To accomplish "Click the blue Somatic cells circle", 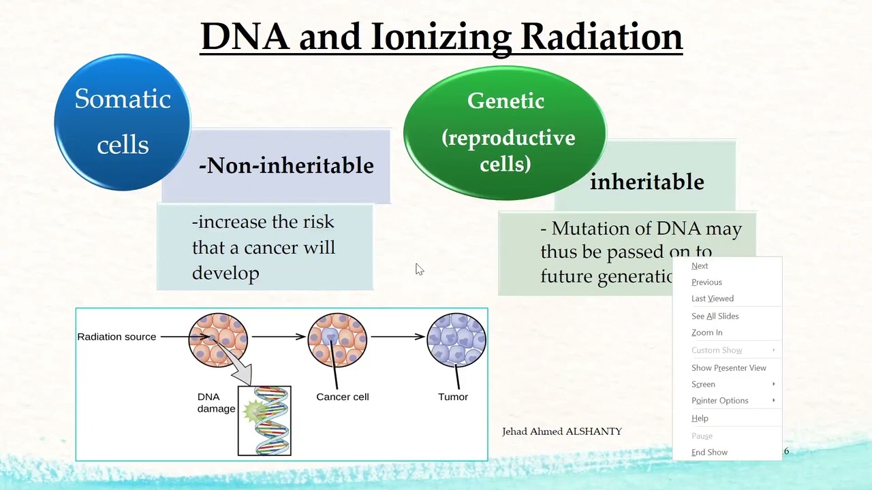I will [123, 122].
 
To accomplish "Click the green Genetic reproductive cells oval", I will [505, 133].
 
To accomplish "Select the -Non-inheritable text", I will [286, 165].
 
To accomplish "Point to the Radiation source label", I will [116, 337].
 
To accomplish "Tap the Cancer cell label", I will [342, 397].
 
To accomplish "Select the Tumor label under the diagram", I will [453, 397].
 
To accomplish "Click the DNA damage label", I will [216, 403].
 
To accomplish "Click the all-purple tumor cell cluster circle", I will [456, 339].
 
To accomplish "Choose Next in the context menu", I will [700, 266].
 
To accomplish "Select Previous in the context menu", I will [706, 282].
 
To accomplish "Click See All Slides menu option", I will [715, 316].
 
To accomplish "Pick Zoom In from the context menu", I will [706, 333].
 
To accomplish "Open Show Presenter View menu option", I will [728, 368].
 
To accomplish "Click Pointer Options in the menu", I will [719, 401].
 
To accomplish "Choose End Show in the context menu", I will [709, 453].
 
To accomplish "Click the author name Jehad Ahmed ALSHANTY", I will [561, 431].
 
